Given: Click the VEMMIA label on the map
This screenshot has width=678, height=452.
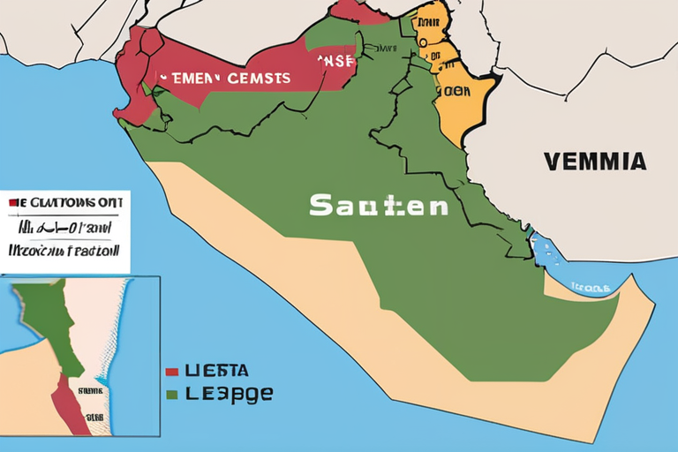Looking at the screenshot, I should [x=595, y=162].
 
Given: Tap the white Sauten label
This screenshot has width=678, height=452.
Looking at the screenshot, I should [x=378, y=206].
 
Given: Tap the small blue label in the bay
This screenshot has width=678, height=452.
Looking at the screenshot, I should [x=589, y=287].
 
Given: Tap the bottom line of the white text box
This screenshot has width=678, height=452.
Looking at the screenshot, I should [x=64, y=250].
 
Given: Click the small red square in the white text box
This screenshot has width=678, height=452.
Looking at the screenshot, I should [x=13, y=202].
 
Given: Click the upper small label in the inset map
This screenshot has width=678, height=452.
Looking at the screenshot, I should [x=91, y=389].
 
